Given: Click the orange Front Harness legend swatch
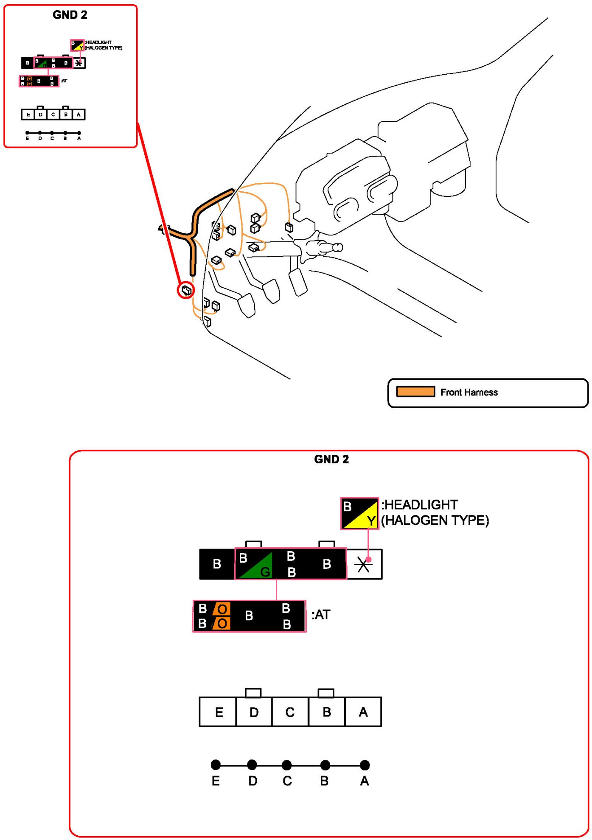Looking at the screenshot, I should click(x=415, y=392).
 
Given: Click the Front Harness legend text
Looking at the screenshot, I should click(x=469, y=392).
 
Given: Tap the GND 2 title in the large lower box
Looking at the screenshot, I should click(x=331, y=459).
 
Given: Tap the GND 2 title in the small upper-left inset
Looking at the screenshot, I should click(x=70, y=15).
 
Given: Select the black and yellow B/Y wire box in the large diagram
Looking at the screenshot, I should click(x=359, y=513).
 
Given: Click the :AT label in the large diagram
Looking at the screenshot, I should click(x=321, y=615).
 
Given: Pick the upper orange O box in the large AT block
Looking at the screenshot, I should click(x=222, y=609).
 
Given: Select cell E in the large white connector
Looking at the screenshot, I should click(x=218, y=712).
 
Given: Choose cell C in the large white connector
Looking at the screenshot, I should click(x=290, y=712).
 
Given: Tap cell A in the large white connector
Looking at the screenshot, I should click(x=363, y=712).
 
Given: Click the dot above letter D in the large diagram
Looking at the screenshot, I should click(x=252, y=765).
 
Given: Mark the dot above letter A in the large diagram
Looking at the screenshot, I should click(x=365, y=765).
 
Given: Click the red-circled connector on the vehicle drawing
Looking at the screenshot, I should click(x=186, y=290).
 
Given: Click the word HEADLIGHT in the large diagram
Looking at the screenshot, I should click(x=421, y=505).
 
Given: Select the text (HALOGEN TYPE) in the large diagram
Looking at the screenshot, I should click(x=435, y=521).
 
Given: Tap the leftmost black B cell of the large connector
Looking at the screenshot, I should click(x=217, y=564).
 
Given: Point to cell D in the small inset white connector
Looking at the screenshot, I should click(x=41, y=115).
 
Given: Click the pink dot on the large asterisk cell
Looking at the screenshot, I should click(x=368, y=559).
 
